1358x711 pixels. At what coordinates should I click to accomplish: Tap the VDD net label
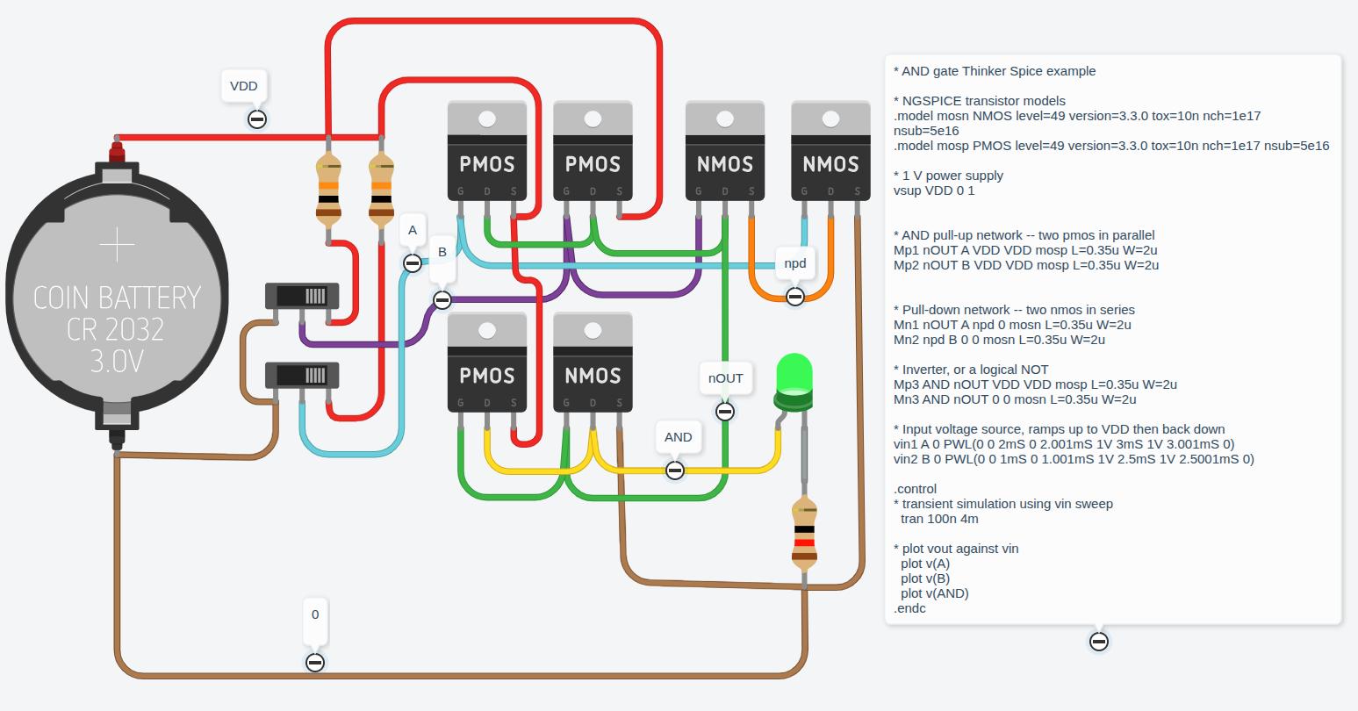244,86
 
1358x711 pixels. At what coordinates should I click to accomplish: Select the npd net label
795,263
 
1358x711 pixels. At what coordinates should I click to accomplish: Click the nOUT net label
726,378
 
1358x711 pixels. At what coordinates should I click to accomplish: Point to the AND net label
678,437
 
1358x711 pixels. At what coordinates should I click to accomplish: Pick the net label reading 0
315,614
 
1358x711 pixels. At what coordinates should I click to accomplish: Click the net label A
413,232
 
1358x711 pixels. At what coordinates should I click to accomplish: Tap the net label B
442,252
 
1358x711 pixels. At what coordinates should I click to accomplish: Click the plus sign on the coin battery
117,245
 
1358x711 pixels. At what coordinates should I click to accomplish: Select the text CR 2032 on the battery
117,329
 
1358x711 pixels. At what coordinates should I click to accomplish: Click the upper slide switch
303,296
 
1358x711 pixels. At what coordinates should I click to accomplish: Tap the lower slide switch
303,376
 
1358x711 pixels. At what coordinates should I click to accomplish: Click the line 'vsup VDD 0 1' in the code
934,190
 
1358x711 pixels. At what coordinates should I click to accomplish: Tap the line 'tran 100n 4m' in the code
939,519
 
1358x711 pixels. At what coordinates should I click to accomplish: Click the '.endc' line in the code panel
909,608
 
